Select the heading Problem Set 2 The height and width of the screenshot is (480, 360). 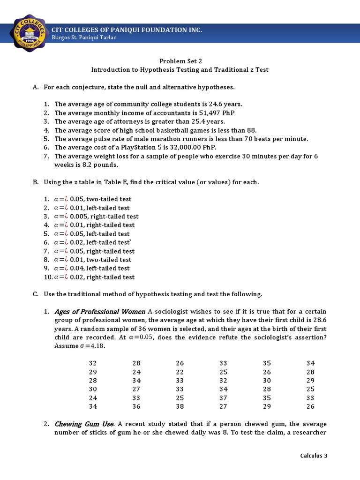(180, 61)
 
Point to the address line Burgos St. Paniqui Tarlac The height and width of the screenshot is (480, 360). (84, 38)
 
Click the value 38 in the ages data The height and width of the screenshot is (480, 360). (180, 407)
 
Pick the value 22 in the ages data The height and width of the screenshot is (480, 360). (180, 372)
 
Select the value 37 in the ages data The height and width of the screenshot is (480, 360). (223, 398)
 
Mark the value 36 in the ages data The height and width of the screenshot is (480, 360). (136, 407)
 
